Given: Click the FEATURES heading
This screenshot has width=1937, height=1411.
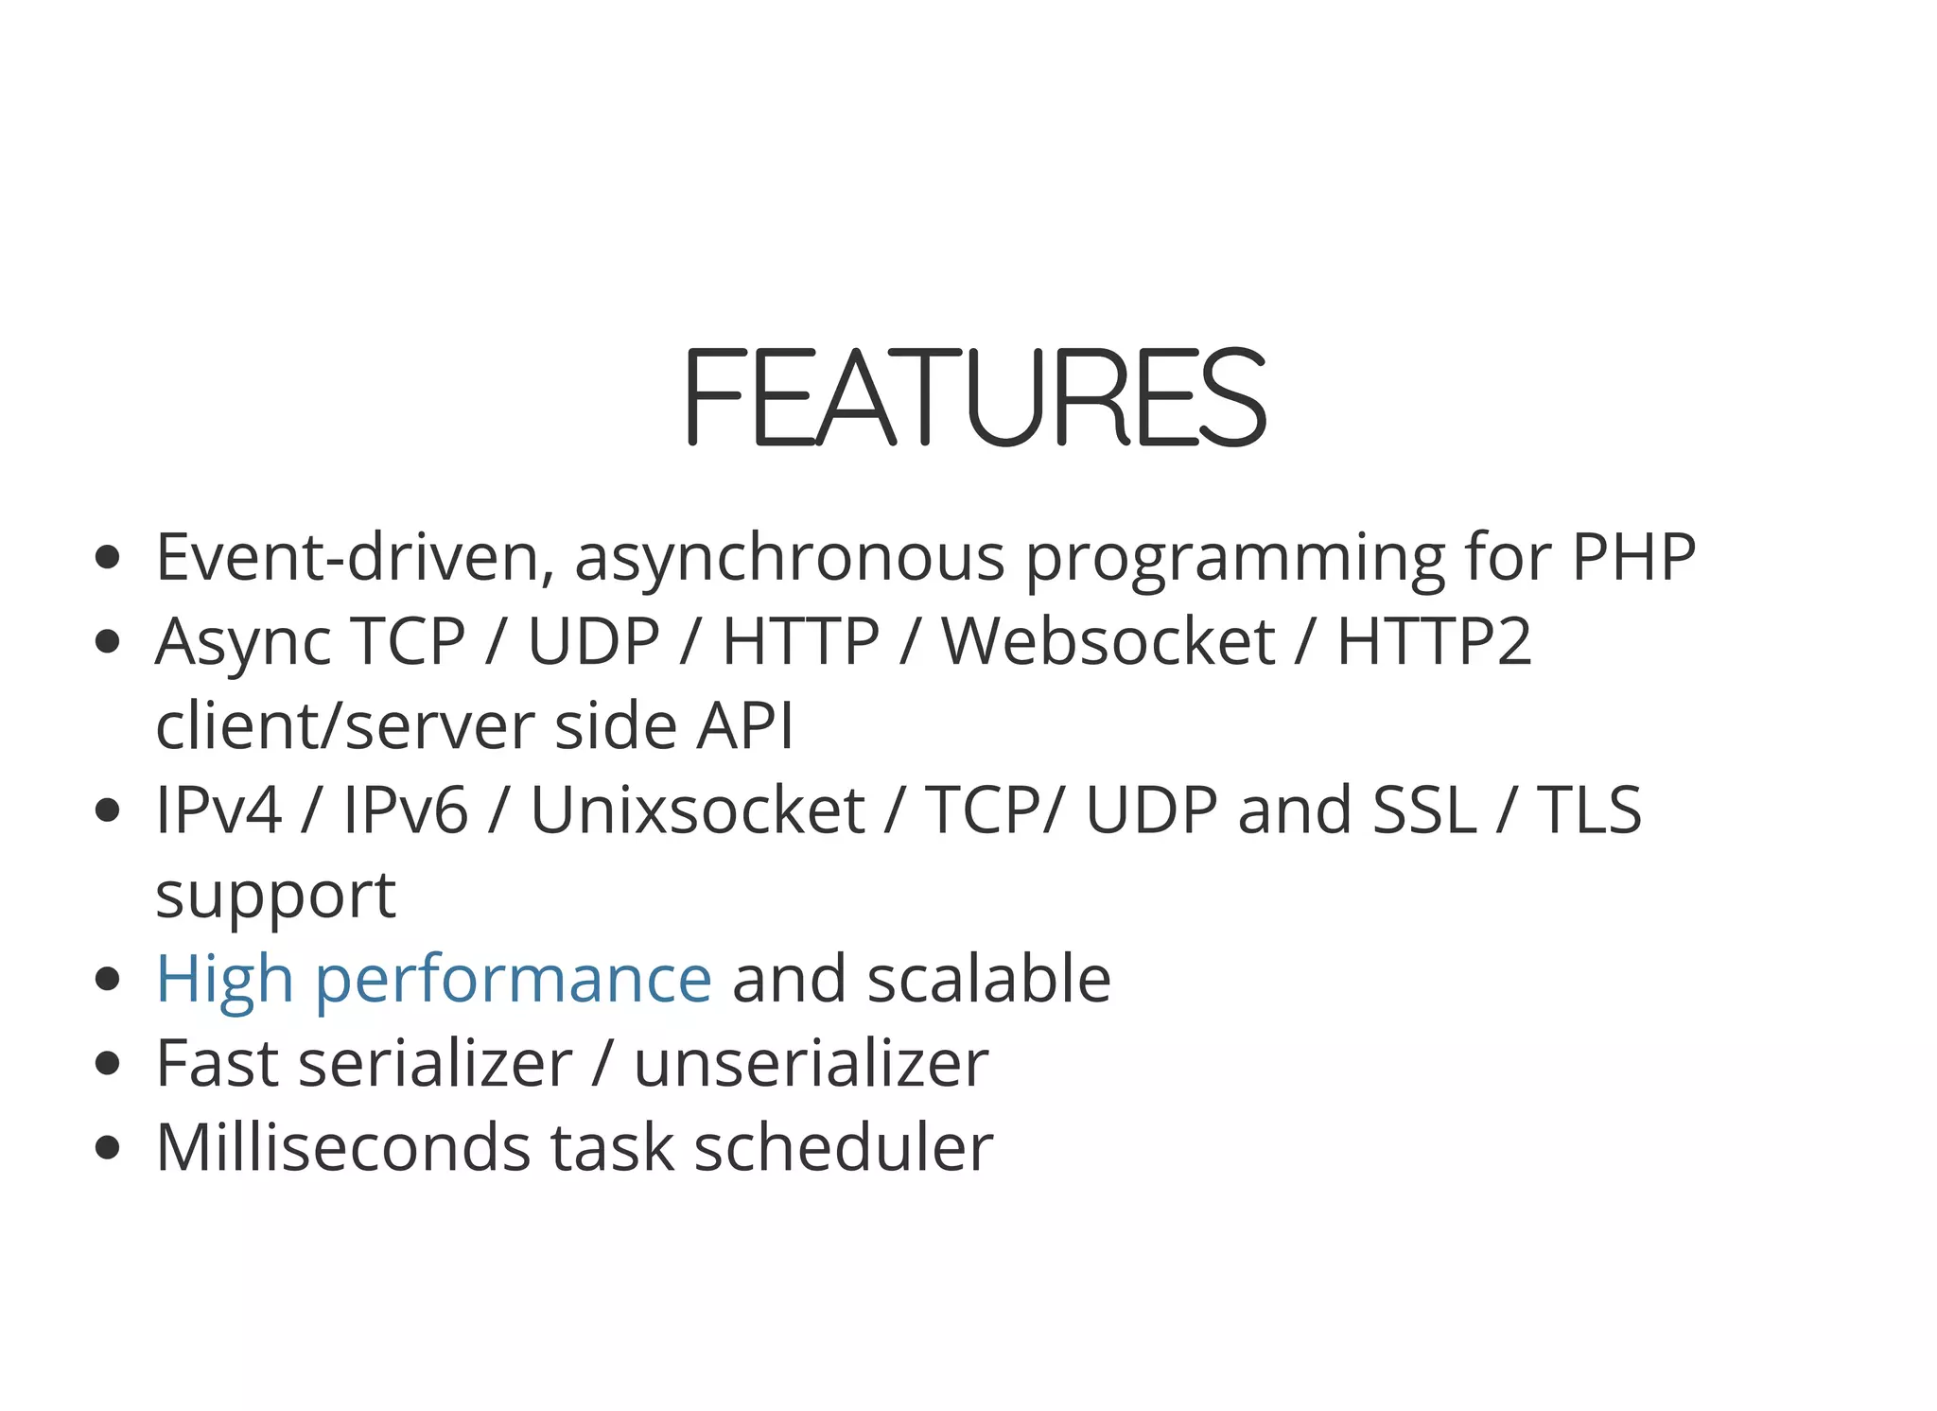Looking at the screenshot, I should click(974, 397).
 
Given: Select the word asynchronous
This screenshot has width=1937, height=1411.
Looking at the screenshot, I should click(789, 558).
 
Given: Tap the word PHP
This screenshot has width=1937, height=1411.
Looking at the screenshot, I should click(1633, 558).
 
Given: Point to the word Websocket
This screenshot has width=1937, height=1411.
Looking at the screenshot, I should click(1108, 642).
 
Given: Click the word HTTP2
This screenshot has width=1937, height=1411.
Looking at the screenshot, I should click(1434, 642).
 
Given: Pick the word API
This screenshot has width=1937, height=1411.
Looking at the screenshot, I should click(745, 726).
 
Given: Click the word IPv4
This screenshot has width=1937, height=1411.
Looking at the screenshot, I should click(218, 810).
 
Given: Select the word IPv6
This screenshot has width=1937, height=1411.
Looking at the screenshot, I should click(405, 810).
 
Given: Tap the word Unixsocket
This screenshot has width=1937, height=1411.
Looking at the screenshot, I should click(697, 810).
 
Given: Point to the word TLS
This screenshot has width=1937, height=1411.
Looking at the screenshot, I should click(1589, 810).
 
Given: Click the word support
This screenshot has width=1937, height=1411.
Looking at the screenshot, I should click(275, 897).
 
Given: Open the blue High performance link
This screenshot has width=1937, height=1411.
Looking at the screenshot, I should click(433, 980).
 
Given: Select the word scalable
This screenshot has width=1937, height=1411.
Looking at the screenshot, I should click(988, 980).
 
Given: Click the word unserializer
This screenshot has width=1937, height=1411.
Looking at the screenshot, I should click(811, 1064).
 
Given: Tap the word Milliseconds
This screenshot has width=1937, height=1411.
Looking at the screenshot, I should click(343, 1148).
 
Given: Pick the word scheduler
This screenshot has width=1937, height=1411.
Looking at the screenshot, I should click(844, 1148).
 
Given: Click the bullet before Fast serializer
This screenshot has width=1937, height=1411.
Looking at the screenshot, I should click(108, 1064).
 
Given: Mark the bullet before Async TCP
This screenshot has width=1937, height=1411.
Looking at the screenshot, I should click(108, 642).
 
